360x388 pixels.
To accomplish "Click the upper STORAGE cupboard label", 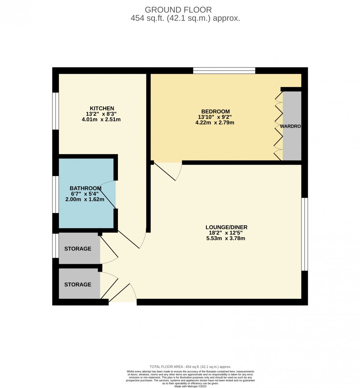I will (78, 249).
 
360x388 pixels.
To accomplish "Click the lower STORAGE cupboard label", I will (78, 284).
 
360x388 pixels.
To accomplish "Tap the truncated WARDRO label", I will (290, 126).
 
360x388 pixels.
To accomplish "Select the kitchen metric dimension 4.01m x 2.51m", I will (102, 120).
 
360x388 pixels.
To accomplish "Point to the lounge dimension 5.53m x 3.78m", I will (226, 238).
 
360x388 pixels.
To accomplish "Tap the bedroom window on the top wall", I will (224, 71).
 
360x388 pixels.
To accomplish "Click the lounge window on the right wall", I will (305, 234).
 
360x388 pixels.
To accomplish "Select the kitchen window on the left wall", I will (55, 111).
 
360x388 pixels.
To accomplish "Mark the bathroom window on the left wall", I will (55, 194).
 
